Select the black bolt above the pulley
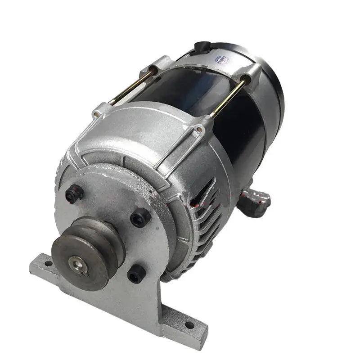point(74,193)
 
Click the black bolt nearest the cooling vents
point(140,218)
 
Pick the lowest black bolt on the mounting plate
point(136,273)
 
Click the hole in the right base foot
point(189,324)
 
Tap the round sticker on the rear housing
point(222,59)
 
